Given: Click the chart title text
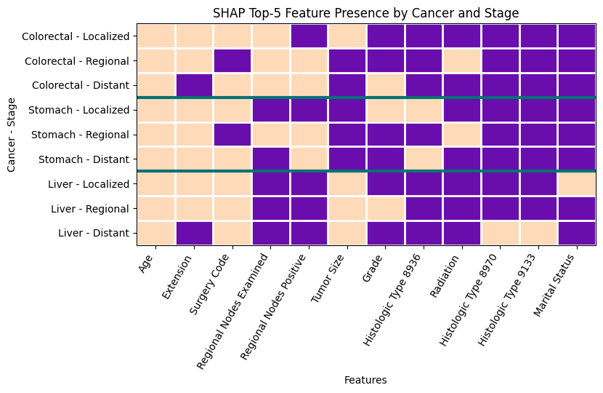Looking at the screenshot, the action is (x=365, y=13).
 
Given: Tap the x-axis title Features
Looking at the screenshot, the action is (x=365, y=381).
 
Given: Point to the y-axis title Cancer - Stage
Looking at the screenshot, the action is (x=11, y=135).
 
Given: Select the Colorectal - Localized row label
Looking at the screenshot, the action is (x=76, y=36).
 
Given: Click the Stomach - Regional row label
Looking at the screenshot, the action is (x=80, y=135).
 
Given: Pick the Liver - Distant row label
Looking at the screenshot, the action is (x=94, y=233).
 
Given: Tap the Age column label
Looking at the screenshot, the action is (x=147, y=263).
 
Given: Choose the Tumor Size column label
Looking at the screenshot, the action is (x=329, y=279).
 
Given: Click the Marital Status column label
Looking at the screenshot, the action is (x=554, y=285).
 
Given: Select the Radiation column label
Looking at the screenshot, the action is (x=445, y=276).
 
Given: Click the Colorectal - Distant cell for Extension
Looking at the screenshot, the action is (x=194, y=85).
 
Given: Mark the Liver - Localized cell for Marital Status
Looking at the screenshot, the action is (x=577, y=184).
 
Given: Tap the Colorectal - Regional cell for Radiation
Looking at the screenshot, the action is (x=462, y=61).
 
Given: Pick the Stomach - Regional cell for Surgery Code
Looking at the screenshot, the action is (x=232, y=135).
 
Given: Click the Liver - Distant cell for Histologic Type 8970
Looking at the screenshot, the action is (x=501, y=233).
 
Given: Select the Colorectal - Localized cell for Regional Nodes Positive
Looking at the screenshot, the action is (x=309, y=36).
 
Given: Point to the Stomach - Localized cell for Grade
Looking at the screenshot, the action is (x=386, y=110).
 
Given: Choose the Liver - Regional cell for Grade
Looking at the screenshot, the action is (x=386, y=208).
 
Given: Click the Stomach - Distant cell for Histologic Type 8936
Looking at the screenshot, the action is (x=424, y=159).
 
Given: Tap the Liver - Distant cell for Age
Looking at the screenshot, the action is (x=156, y=233).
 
